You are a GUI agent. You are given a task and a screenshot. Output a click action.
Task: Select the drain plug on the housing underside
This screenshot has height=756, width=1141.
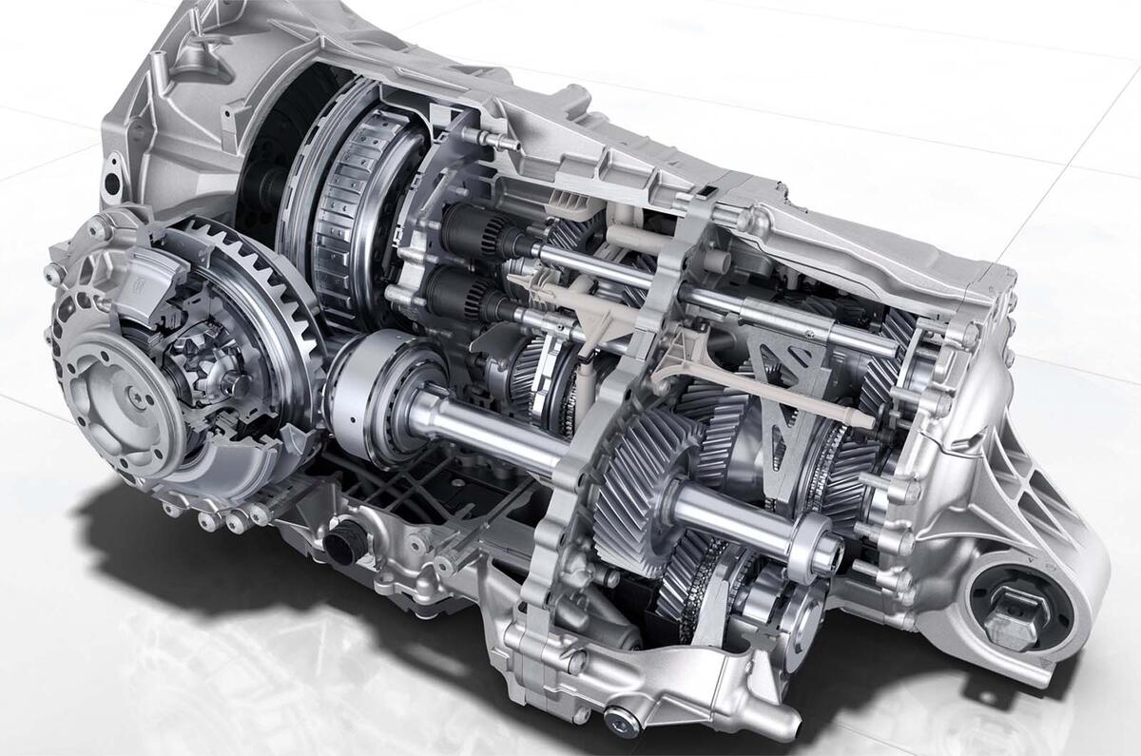tap(619, 718)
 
